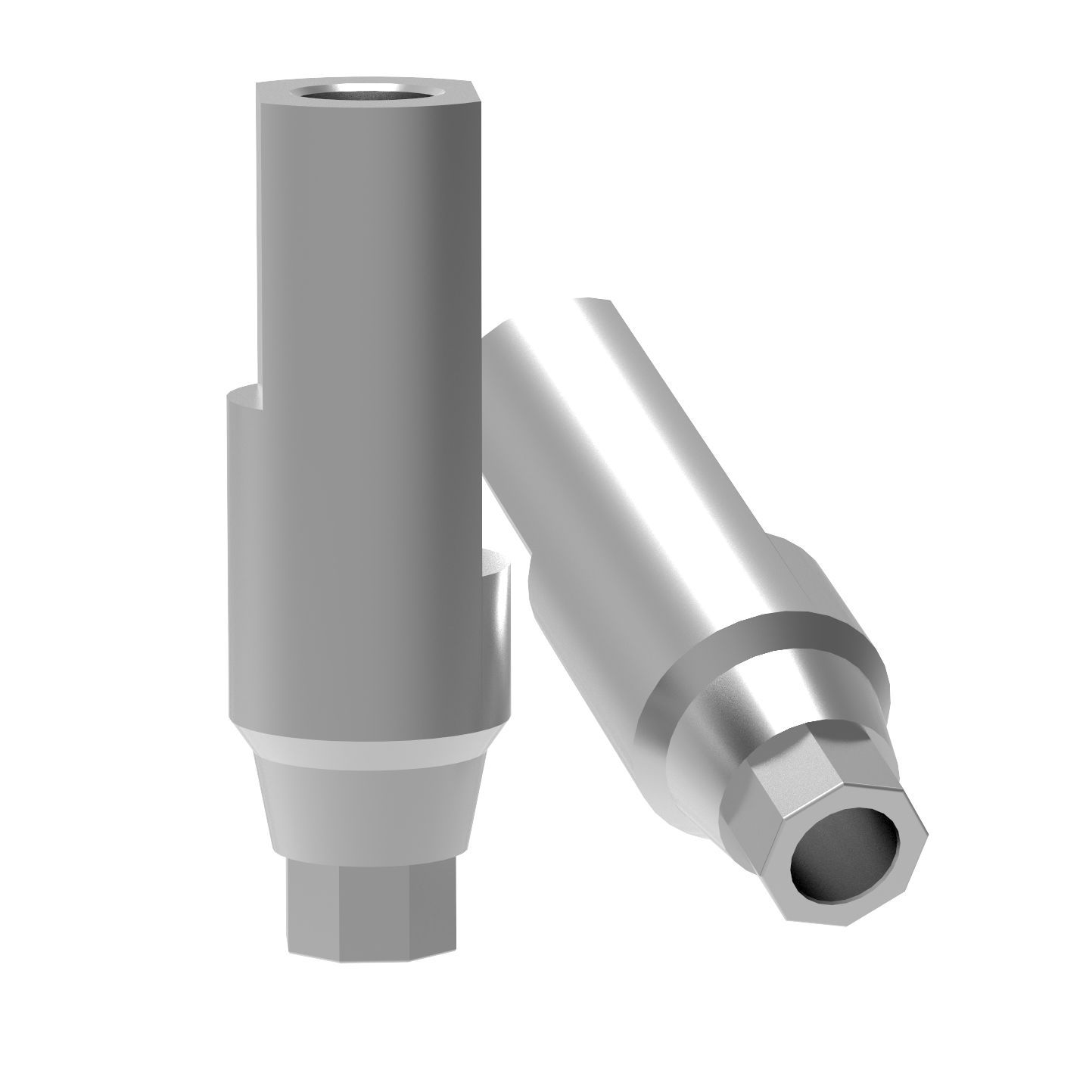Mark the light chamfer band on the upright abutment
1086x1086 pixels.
pos(363,745)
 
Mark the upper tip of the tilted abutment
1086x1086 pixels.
pos(598,303)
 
